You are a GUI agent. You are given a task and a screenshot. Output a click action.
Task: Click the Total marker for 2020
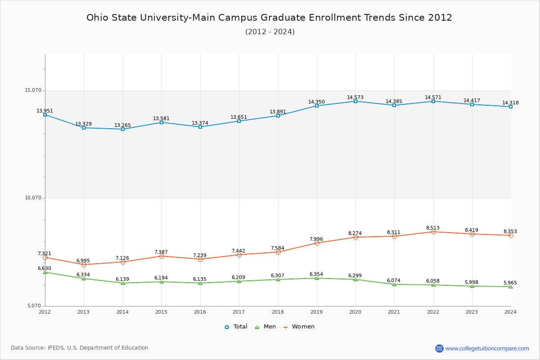pyautogui.click(x=355, y=101)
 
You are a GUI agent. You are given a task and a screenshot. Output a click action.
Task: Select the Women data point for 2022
pyautogui.click(x=433, y=232)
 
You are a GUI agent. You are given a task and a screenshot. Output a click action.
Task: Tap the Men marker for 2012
pyautogui.click(x=45, y=272)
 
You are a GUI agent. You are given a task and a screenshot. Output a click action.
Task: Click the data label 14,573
pyautogui.click(x=355, y=97)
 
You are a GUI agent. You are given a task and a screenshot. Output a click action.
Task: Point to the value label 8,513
pyautogui.click(x=433, y=228)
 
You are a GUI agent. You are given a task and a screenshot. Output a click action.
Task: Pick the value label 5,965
pyautogui.click(x=510, y=283)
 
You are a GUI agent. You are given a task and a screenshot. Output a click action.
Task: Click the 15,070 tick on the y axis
pyautogui.click(x=33, y=90)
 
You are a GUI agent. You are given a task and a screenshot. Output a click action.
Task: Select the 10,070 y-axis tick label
pyautogui.click(x=33, y=198)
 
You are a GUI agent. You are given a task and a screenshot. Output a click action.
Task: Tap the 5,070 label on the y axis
pyautogui.click(x=34, y=306)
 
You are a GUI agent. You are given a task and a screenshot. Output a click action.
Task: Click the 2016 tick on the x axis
pyautogui.click(x=200, y=312)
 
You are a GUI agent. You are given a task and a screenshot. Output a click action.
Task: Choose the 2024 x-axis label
pyautogui.click(x=510, y=312)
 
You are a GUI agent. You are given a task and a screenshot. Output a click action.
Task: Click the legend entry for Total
pyautogui.click(x=236, y=327)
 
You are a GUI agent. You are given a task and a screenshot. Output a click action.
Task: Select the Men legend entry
pyautogui.click(x=265, y=327)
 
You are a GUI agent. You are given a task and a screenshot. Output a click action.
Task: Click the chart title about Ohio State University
pyautogui.click(x=269, y=18)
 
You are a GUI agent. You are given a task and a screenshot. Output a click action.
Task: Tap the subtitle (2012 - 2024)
pyautogui.click(x=270, y=31)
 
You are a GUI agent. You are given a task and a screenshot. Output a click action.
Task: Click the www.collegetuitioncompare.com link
pyautogui.click(x=487, y=348)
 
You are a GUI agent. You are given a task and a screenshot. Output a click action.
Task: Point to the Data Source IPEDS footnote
pyautogui.click(x=80, y=348)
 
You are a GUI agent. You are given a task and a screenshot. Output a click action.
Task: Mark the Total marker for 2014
pyautogui.click(x=123, y=129)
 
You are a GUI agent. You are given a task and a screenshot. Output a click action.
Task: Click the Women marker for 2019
pyautogui.click(x=317, y=243)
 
